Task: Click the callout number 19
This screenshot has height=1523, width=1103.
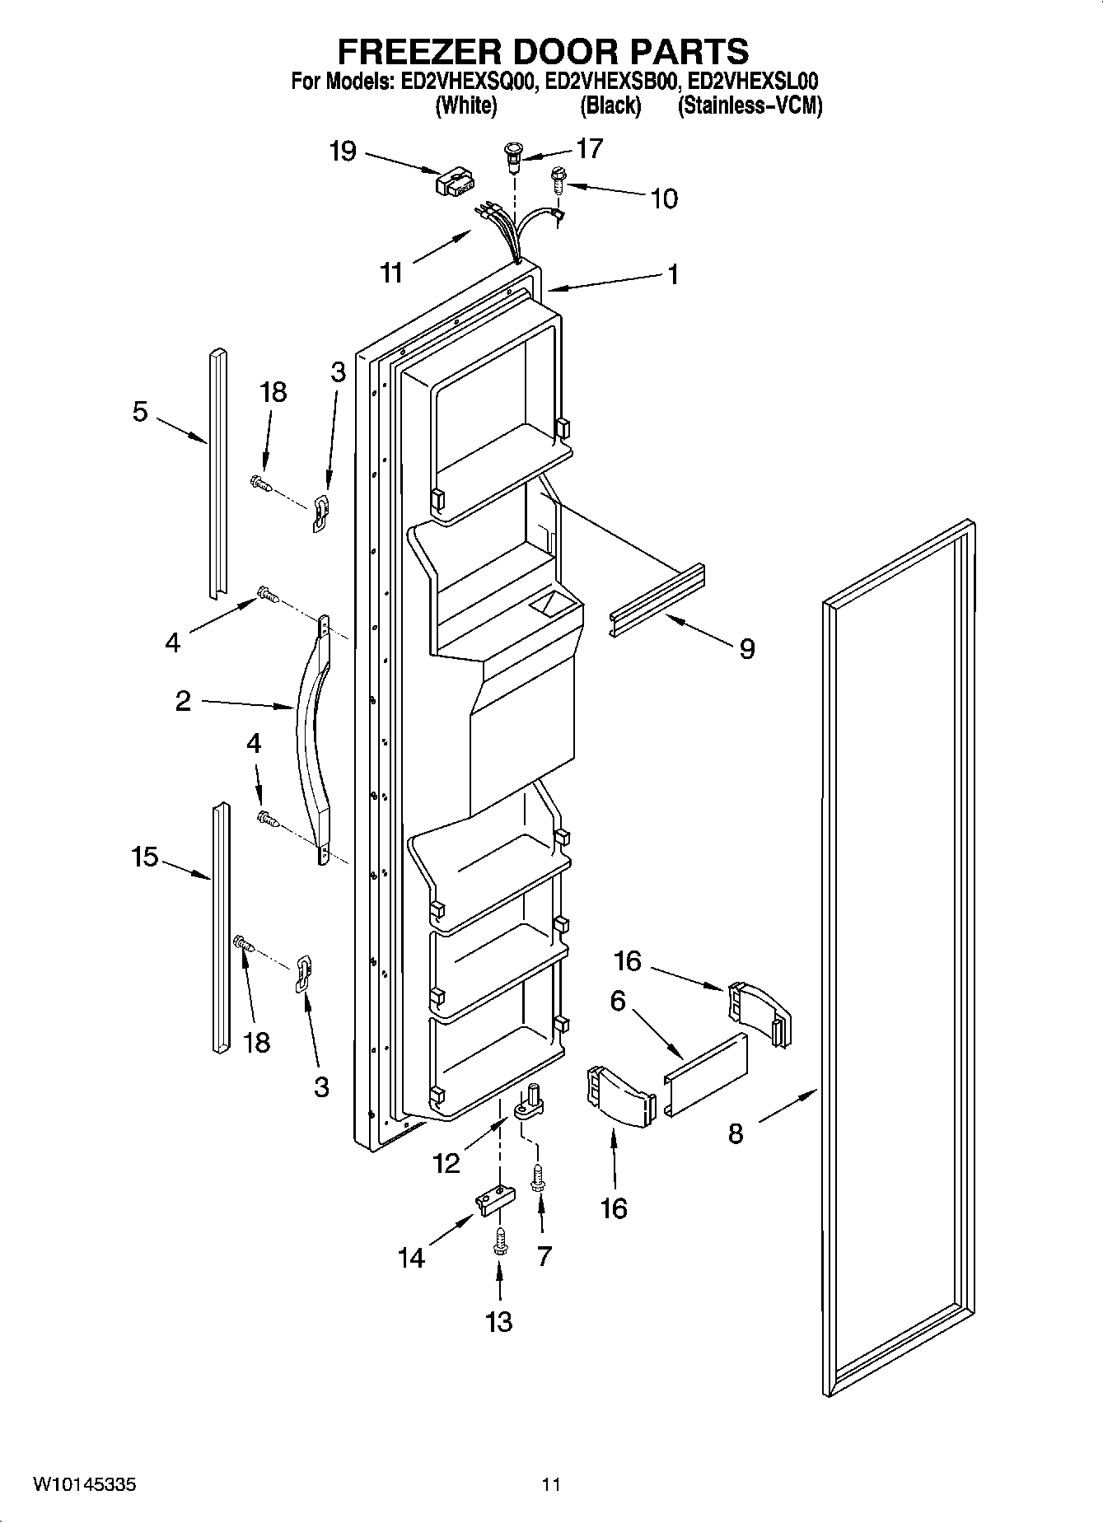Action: pyautogui.click(x=342, y=151)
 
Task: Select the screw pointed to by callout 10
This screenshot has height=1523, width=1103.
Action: pyautogui.click(x=558, y=180)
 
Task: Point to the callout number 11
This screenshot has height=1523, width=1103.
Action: pyautogui.click(x=391, y=272)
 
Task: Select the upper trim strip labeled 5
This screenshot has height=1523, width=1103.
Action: pyautogui.click(x=217, y=474)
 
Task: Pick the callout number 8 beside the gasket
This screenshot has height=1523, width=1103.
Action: pyautogui.click(x=736, y=1134)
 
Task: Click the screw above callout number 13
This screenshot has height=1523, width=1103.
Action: pyautogui.click(x=498, y=1241)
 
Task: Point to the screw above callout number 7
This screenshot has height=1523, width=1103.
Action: pyautogui.click(x=539, y=1175)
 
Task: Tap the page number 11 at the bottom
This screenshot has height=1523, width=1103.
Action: pyautogui.click(x=551, y=1484)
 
